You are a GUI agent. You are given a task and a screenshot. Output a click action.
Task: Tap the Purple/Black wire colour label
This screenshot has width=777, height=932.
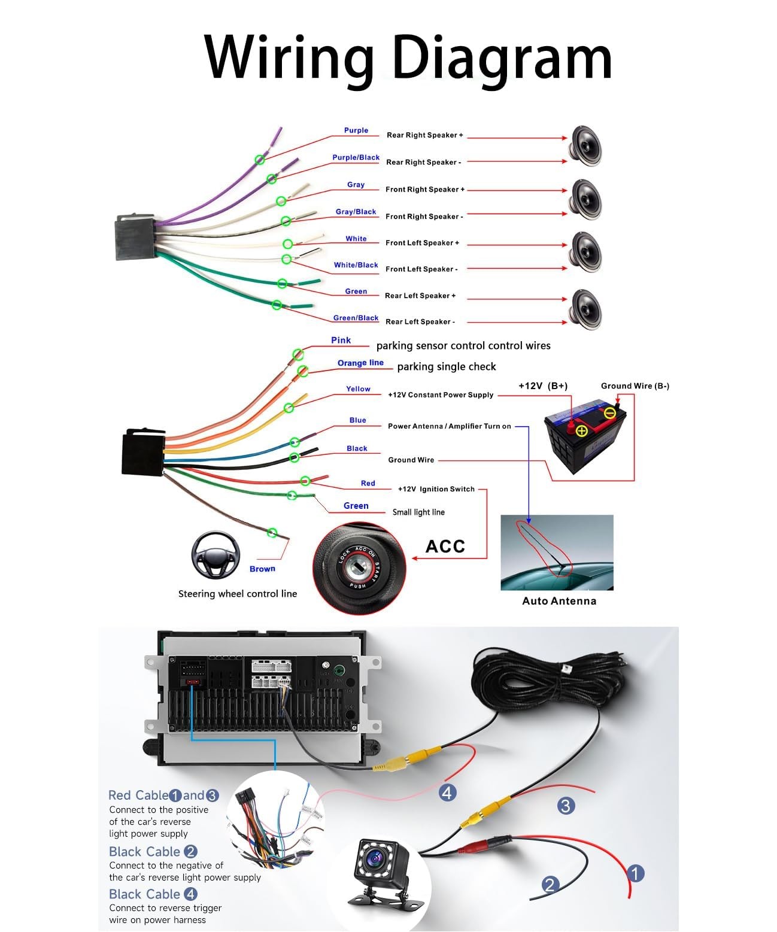356,157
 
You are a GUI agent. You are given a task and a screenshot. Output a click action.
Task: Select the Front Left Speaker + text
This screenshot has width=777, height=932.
422,242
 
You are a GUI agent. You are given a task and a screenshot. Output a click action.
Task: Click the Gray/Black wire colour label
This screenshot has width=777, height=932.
356,211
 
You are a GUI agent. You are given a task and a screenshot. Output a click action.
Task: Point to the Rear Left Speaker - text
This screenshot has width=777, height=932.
420,321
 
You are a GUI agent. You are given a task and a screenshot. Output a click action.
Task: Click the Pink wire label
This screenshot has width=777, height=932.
341,340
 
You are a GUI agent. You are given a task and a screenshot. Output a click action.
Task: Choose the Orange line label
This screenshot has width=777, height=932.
360,363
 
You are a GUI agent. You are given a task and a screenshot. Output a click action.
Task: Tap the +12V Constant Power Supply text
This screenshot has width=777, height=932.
441,394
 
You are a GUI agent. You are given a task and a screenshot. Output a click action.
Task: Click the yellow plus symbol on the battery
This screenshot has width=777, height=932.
581,431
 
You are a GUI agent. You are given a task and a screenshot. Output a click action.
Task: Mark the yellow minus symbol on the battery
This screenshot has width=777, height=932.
609,414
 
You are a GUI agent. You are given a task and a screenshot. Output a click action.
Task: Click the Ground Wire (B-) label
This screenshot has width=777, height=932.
635,385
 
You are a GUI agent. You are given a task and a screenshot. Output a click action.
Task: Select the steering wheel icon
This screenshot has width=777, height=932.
216,555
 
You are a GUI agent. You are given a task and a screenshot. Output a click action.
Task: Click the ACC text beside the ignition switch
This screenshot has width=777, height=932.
445,547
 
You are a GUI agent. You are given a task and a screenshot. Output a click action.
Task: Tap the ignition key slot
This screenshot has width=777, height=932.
359,567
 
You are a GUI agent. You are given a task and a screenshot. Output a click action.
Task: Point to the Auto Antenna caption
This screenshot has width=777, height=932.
559,601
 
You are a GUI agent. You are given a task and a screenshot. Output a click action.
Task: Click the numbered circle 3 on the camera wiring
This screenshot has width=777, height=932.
566,806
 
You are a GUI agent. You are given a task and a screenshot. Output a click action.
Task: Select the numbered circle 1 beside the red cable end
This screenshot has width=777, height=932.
636,873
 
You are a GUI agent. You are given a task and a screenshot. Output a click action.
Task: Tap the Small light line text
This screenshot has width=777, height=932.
418,512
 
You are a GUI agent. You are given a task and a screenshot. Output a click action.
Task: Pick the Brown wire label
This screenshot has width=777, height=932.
262,569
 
